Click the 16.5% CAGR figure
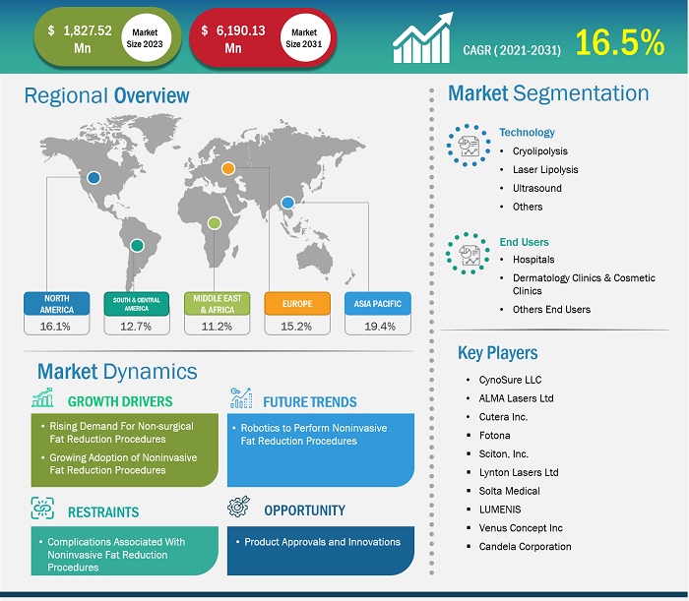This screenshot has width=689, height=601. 619,42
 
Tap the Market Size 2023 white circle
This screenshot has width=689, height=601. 146,38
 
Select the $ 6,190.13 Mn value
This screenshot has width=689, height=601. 233,38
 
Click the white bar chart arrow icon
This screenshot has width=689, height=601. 422,37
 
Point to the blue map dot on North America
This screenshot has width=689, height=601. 94,178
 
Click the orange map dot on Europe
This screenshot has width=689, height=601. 228,168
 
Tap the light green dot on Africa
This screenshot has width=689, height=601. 214,223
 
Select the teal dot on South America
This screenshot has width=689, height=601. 137,245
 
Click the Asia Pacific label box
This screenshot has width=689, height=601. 378,303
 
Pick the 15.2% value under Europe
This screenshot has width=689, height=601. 296,327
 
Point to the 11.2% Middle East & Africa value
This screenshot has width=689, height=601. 217,327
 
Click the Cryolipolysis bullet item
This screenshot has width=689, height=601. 540,151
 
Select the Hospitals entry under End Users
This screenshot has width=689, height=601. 533,260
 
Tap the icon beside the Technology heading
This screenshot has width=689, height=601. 469,146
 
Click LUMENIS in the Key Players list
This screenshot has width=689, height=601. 500,510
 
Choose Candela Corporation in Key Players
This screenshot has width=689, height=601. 525,547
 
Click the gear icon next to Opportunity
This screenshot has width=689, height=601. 238,507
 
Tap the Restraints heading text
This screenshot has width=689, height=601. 103,511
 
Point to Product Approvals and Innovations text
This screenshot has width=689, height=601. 322,542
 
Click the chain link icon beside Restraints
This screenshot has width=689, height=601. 42,508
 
